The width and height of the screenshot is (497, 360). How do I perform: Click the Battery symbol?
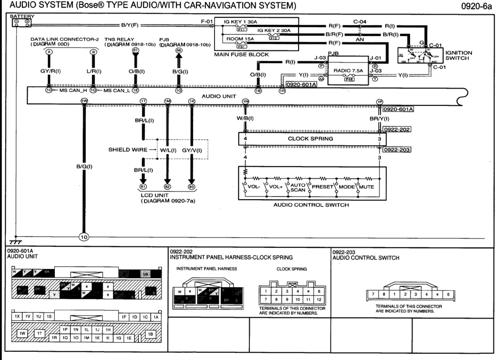pos(21,22)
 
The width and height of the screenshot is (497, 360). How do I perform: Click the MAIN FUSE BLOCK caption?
pos(241,54)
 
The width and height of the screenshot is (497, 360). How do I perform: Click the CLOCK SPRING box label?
pos(311,138)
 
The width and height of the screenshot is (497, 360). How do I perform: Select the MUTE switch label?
pos(367,187)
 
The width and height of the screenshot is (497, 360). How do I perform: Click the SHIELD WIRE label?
pos(127,150)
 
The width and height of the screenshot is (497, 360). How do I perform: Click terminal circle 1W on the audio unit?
pos(84,101)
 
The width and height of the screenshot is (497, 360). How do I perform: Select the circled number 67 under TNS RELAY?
pos(135,51)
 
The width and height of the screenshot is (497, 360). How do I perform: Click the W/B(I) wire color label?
pos(245,118)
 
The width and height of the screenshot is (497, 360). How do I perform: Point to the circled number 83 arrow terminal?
pos(192,187)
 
